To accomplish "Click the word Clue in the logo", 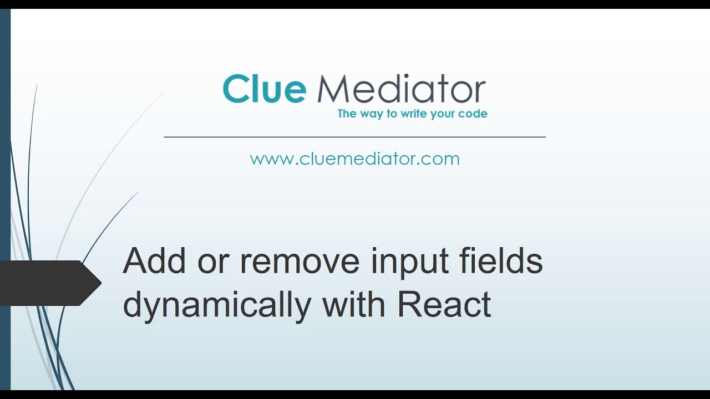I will [x=264, y=89].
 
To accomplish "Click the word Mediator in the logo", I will [x=401, y=89].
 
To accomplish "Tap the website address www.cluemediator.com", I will [x=354, y=159].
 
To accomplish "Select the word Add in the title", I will [x=154, y=260].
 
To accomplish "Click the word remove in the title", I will [x=300, y=262].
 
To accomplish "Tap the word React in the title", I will [x=444, y=304].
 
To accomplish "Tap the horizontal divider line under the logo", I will [x=354, y=137].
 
